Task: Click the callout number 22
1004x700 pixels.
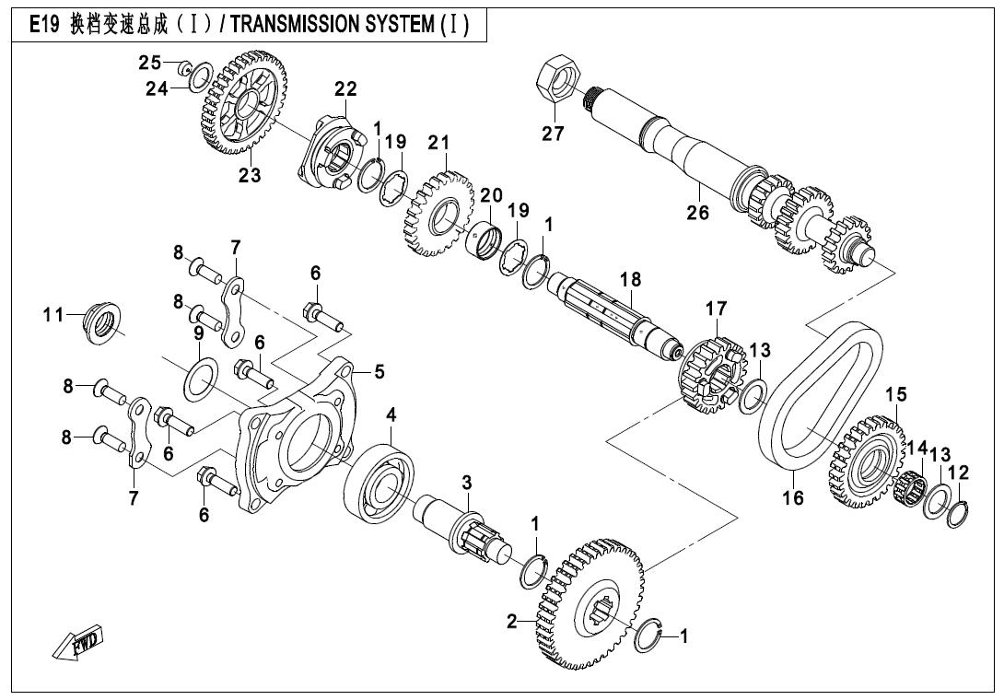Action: [x=345, y=89]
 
